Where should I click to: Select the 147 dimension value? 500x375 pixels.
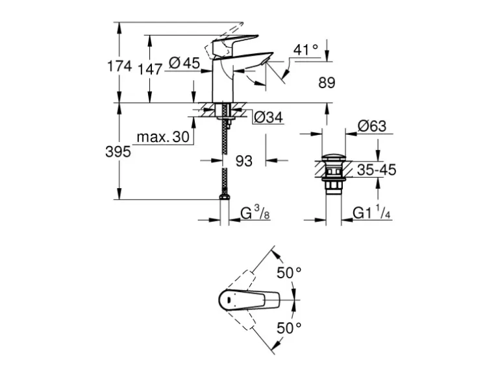150,68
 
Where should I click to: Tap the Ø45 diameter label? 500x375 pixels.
184,63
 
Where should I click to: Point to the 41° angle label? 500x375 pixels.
306,49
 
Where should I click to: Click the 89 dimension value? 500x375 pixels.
327,82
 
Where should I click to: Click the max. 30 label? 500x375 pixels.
162,137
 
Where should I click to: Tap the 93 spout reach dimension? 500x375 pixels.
243,160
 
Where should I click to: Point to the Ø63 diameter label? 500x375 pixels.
372,126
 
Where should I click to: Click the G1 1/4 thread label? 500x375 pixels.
370,213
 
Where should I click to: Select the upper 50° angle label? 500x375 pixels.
290,273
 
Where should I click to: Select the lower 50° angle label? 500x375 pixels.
290,328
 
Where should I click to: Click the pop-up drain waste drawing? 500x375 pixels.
333,172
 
